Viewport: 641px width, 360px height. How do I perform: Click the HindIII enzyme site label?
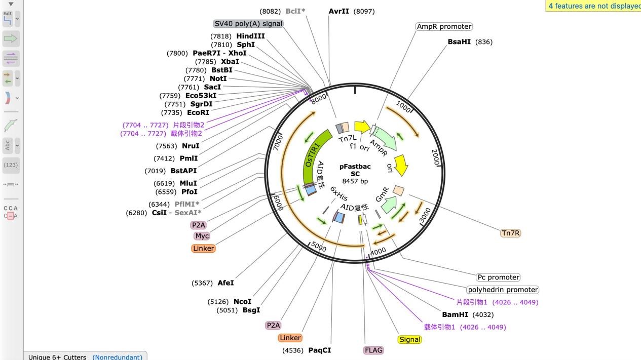click(250, 36)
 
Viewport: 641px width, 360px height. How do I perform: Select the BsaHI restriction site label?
click(459, 42)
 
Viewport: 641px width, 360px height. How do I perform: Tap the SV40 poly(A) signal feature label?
click(248, 23)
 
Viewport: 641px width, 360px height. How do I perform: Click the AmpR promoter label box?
click(444, 26)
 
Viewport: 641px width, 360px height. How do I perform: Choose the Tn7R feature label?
click(511, 233)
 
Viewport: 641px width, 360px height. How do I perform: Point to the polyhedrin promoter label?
click(502, 290)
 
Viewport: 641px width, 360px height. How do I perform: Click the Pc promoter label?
click(498, 277)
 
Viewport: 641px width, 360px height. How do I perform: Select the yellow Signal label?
click(409, 339)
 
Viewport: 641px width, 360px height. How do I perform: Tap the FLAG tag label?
click(373, 350)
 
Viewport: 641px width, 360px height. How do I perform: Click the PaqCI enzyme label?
click(319, 350)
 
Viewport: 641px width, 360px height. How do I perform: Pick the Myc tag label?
click(202, 235)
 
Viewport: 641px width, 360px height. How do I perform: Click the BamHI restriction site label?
click(455, 314)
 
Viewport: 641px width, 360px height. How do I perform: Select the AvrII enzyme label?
click(339, 11)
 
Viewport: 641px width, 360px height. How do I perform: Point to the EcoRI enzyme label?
click(198, 112)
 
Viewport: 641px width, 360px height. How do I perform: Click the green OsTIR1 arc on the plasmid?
click(313, 152)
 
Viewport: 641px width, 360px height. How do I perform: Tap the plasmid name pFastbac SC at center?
click(355, 170)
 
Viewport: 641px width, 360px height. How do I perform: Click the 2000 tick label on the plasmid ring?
click(436, 155)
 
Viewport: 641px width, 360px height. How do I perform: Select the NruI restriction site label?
click(191, 146)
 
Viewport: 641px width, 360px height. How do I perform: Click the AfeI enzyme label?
click(225, 283)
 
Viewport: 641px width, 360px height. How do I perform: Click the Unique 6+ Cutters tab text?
click(57, 357)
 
